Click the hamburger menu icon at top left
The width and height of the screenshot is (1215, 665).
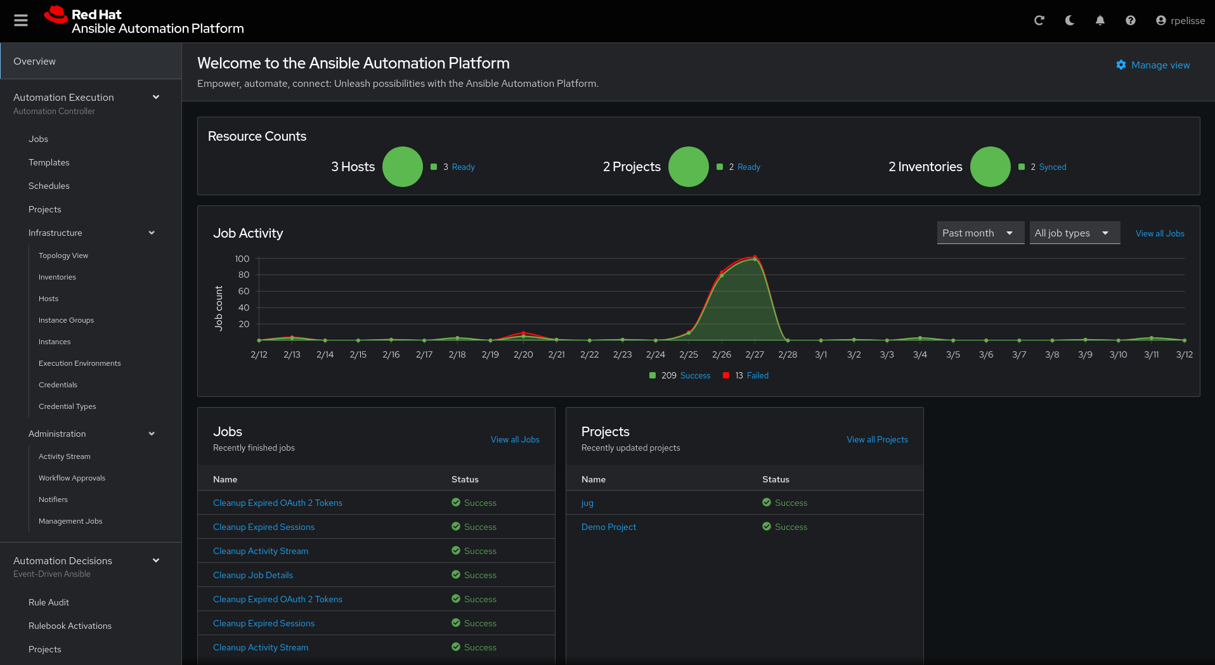click(x=21, y=20)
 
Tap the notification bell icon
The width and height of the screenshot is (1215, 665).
click(x=1100, y=20)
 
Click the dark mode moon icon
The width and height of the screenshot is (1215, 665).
click(x=1070, y=20)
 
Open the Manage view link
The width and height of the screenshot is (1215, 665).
click(x=1153, y=65)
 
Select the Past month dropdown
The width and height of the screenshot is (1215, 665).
click(x=980, y=233)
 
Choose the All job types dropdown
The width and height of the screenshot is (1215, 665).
click(x=1074, y=233)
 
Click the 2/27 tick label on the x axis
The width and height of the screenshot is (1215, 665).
click(x=755, y=354)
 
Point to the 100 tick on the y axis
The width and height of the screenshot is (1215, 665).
click(x=242, y=259)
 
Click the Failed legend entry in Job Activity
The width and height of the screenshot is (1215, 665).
click(x=757, y=375)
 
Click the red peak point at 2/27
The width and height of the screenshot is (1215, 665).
click(x=755, y=257)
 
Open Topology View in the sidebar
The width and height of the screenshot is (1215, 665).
click(x=63, y=255)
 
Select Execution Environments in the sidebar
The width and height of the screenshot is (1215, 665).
click(x=79, y=363)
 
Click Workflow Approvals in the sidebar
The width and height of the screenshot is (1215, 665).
click(x=72, y=478)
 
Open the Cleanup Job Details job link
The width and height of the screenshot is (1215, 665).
click(x=253, y=575)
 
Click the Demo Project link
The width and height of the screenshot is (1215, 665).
click(x=609, y=527)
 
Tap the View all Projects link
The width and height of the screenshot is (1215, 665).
click(x=877, y=439)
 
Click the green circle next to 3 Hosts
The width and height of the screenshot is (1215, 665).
click(x=403, y=167)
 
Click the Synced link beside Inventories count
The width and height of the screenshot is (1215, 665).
click(x=1053, y=167)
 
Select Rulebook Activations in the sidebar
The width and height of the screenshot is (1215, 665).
click(x=70, y=626)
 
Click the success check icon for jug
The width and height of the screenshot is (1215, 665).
click(x=767, y=502)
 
